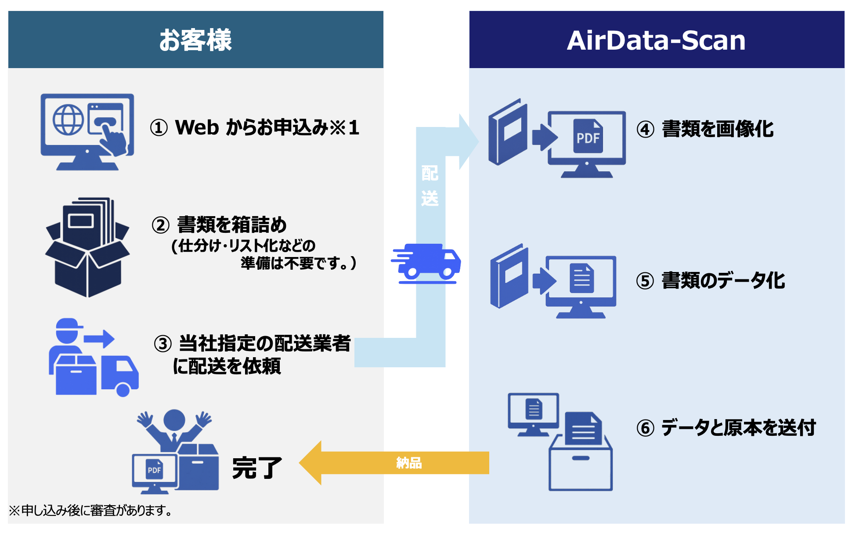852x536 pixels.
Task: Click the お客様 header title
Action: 195,40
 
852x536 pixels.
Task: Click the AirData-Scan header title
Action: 656,40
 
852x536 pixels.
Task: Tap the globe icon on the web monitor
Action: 68,120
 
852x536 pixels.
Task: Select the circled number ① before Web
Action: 159,128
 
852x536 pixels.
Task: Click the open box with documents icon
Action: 87,248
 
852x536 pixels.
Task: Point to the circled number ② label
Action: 161,225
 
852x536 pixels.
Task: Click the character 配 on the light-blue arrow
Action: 430,174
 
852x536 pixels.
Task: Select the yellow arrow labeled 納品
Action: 395,463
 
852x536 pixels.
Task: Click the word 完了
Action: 257,467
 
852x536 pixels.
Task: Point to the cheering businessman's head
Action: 174,420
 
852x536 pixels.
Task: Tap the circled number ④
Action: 646,130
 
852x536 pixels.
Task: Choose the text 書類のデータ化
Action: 723,281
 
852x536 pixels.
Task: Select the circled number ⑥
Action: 646,428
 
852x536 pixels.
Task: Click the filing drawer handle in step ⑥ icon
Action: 581,458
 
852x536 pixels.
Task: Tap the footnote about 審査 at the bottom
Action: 90,511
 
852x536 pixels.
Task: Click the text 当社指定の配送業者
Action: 265,344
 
